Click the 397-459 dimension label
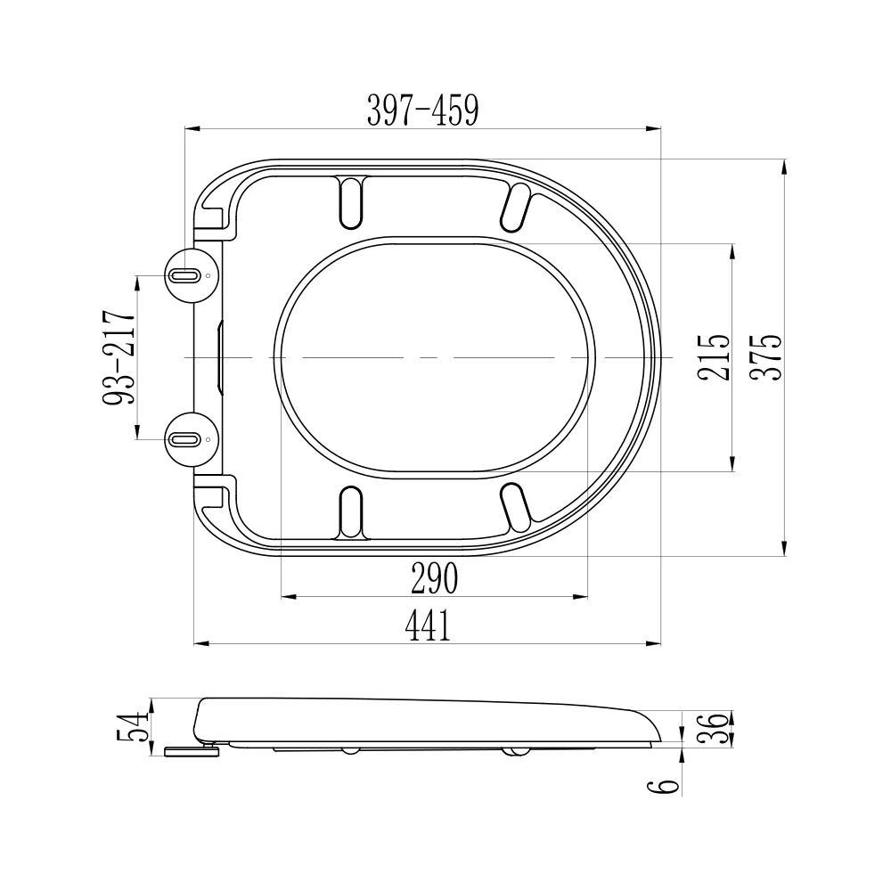pos(423,110)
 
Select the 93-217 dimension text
pos(119,358)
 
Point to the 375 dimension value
pos(765,358)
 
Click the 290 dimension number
pos(434,580)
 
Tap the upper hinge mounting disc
pos(191,275)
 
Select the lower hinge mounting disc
pos(191,439)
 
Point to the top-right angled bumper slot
pos(514,206)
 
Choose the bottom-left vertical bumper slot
pos(351,511)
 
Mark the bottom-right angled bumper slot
pos(514,507)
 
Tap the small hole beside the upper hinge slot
pos(208,275)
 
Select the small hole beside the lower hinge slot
pos(208,439)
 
